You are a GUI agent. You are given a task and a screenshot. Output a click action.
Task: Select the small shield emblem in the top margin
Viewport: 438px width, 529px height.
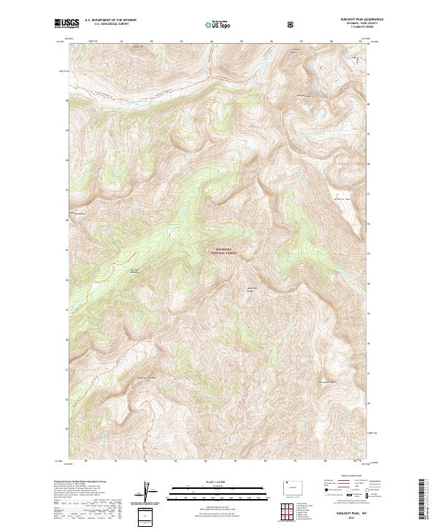click(292, 24)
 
